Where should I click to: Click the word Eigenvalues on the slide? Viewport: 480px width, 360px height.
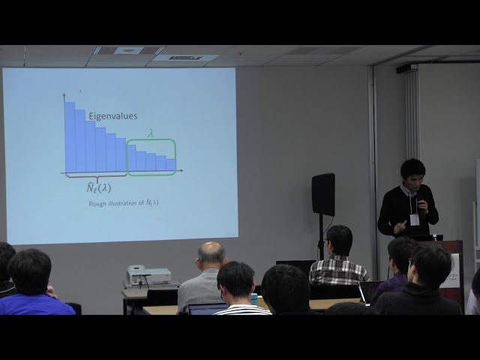113,116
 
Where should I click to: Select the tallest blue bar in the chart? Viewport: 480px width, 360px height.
69,136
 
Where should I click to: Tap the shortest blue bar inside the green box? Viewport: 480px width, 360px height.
171,164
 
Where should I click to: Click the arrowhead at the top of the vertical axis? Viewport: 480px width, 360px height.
64,95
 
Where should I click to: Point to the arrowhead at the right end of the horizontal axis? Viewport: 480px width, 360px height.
181,172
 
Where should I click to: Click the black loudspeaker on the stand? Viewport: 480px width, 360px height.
323,194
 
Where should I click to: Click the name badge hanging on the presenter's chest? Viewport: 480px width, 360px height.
414,220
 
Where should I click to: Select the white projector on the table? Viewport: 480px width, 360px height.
148,275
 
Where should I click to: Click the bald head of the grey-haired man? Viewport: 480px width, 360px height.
211,253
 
